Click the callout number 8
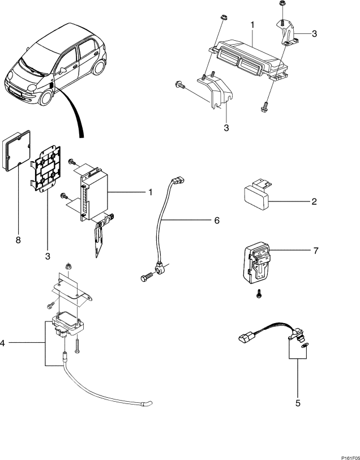(18, 240)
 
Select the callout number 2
(314, 201)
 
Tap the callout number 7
(316, 251)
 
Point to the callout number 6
(217, 220)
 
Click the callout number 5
(298, 403)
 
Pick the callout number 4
(2, 343)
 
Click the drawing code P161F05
(350, 458)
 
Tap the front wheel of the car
(46, 98)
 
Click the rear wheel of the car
(99, 67)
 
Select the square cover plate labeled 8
(16, 151)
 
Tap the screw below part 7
(259, 294)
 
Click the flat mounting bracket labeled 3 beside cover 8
(46, 169)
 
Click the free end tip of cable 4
(149, 403)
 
